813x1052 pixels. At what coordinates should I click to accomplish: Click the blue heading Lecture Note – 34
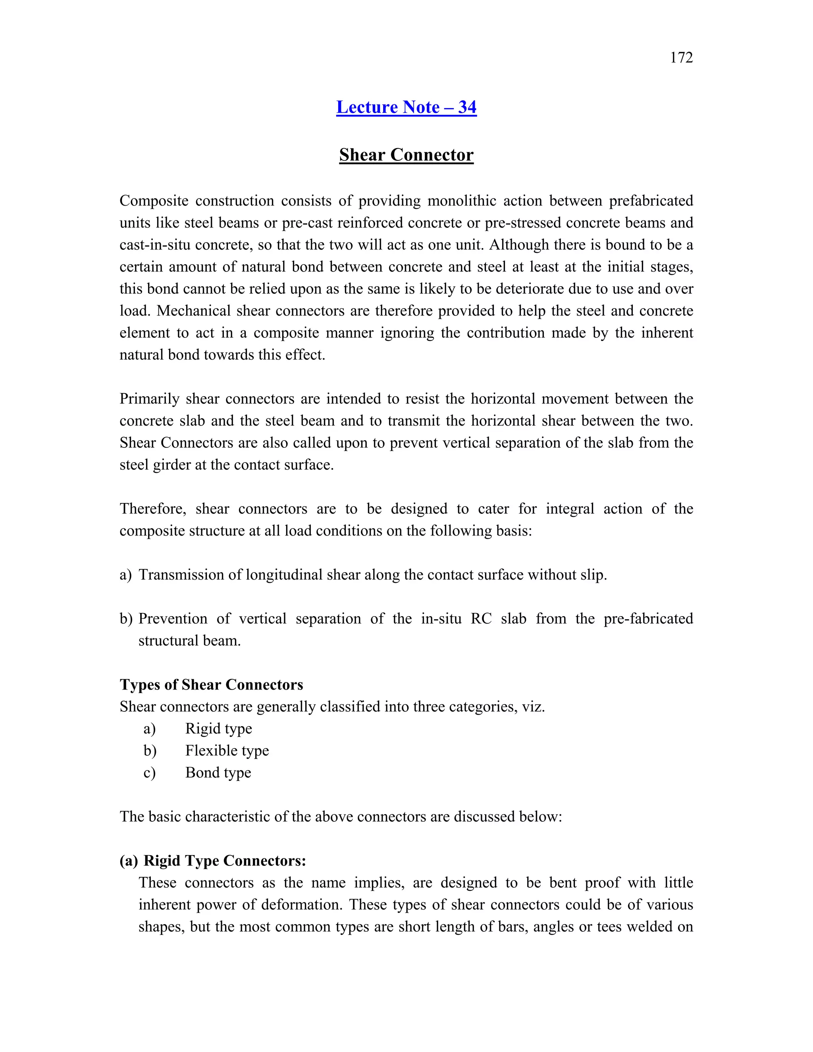[x=406, y=107]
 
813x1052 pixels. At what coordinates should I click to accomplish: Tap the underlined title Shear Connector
[x=406, y=154]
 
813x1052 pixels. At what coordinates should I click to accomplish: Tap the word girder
[x=171, y=465]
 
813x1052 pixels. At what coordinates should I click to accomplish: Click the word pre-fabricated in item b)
[x=648, y=618]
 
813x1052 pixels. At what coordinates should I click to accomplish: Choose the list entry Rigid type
[x=219, y=728]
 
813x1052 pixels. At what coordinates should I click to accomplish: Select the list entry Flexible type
[x=227, y=750]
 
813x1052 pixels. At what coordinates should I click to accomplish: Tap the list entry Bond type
[x=218, y=773]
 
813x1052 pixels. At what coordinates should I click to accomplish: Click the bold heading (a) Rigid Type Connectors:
[x=212, y=861]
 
